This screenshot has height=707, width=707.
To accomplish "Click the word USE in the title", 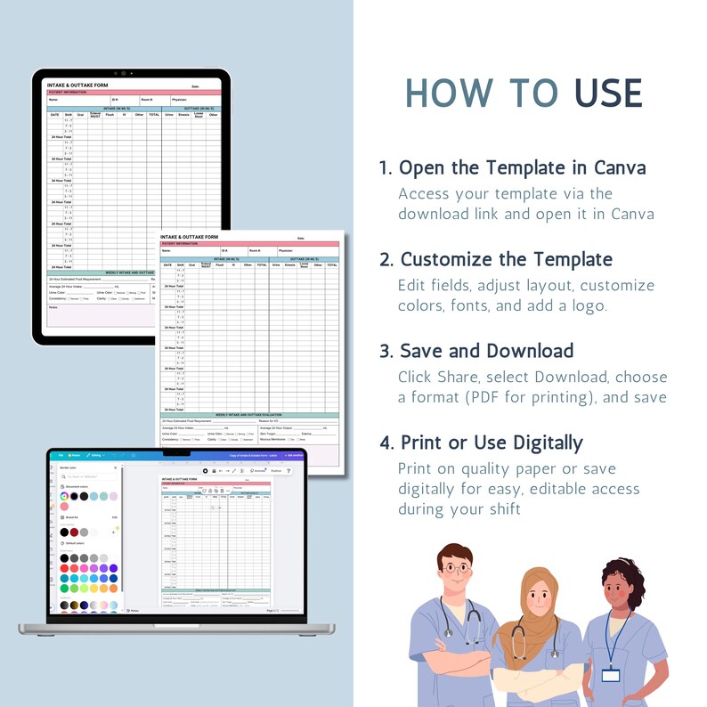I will (x=608, y=94).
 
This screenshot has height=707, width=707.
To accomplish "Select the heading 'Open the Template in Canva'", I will (x=523, y=168).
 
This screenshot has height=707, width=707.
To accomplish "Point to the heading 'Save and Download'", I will (x=486, y=351).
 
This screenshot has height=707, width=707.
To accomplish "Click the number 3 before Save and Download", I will (x=385, y=351).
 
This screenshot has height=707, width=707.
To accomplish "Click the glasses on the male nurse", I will (x=457, y=567).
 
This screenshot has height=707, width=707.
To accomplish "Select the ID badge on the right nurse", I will (x=610, y=674).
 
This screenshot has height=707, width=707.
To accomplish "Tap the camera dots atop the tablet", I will (x=131, y=74).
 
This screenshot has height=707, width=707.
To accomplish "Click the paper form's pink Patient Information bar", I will (x=249, y=243).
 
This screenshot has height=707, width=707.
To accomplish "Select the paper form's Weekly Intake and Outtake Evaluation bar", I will (x=249, y=415).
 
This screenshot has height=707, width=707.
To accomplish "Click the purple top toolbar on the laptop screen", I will (x=178, y=455).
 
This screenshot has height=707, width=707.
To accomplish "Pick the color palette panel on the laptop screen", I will (x=89, y=534).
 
